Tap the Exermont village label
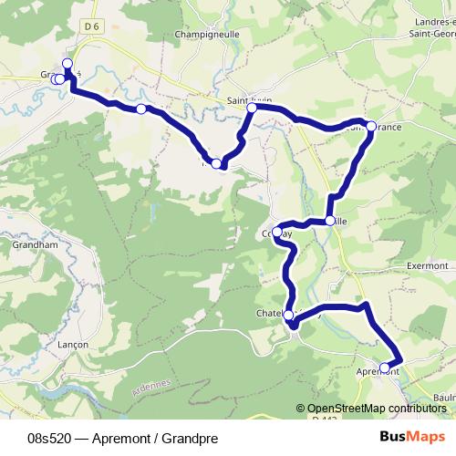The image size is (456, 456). click(429, 266)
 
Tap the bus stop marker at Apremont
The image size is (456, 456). click(385, 368)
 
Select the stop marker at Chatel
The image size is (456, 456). click(289, 316)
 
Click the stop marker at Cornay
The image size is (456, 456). click(277, 233)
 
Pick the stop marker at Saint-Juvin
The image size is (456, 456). click(252, 108)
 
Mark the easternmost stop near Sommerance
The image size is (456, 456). click(371, 126)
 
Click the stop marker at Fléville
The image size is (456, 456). click(329, 221)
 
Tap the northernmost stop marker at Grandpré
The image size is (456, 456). click(67, 63)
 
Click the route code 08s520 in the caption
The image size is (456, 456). click(51, 438)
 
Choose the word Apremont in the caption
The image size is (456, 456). click(124, 438)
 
